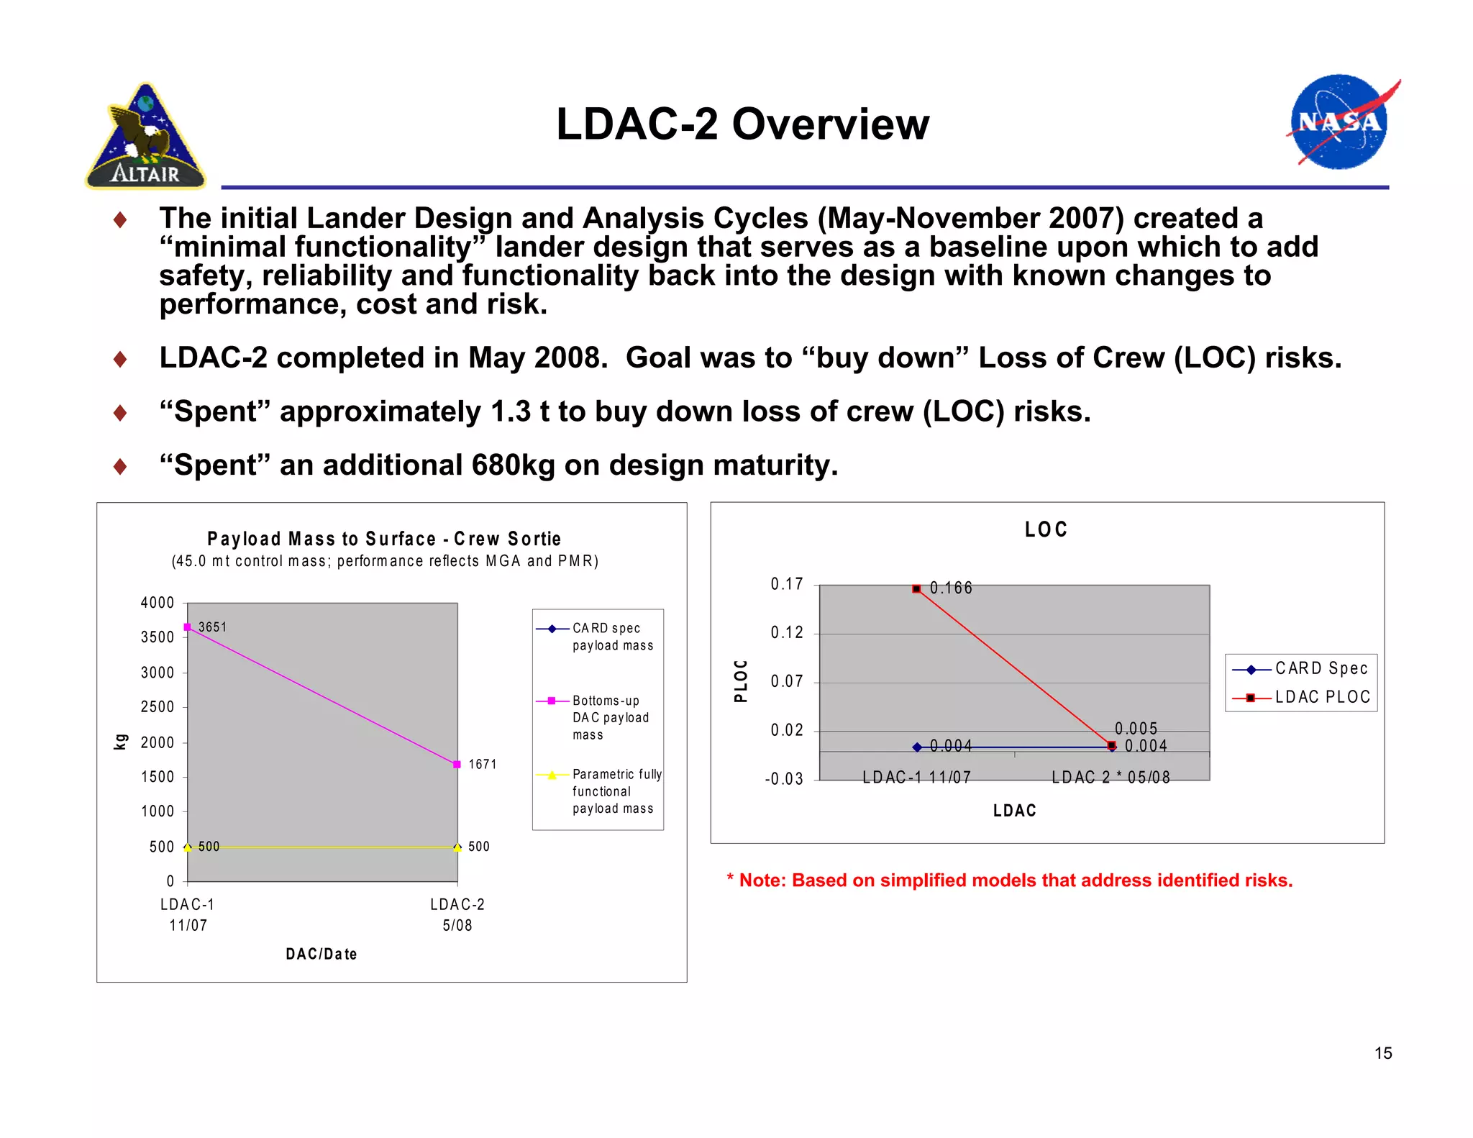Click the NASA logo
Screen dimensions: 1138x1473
click(1339, 122)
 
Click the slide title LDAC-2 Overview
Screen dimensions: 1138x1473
click(742, 124)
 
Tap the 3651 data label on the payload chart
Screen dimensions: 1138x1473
click(212, 627)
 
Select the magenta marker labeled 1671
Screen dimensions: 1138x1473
click(457, 764)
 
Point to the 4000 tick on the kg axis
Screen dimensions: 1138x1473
click(158, 603)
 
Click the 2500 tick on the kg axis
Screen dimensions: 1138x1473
click(158, 707)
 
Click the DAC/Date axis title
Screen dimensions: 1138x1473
click(321, 954)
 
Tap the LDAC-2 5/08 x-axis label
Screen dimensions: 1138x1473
click(457, 914)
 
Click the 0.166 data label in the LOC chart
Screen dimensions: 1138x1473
click(951, 588)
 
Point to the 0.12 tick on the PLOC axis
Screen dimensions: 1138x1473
click(787, 633)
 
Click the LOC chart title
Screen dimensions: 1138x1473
click(1046, 530)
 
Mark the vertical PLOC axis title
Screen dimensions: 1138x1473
click(741, 680)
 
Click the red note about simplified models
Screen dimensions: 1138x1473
click(1009, 880)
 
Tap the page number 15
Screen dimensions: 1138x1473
click(1382, 1053)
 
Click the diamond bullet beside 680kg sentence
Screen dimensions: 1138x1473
click(120, 467)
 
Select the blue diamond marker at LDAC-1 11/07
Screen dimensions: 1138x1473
click(917, 747)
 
